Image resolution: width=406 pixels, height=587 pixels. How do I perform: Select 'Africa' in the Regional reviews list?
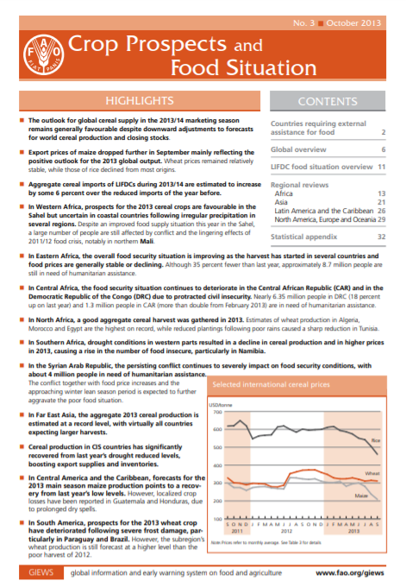(x=284, y=171)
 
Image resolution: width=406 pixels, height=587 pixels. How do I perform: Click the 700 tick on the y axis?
(x=217, y=414)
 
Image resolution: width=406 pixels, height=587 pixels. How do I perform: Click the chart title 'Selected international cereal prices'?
(x=274, y=383)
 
